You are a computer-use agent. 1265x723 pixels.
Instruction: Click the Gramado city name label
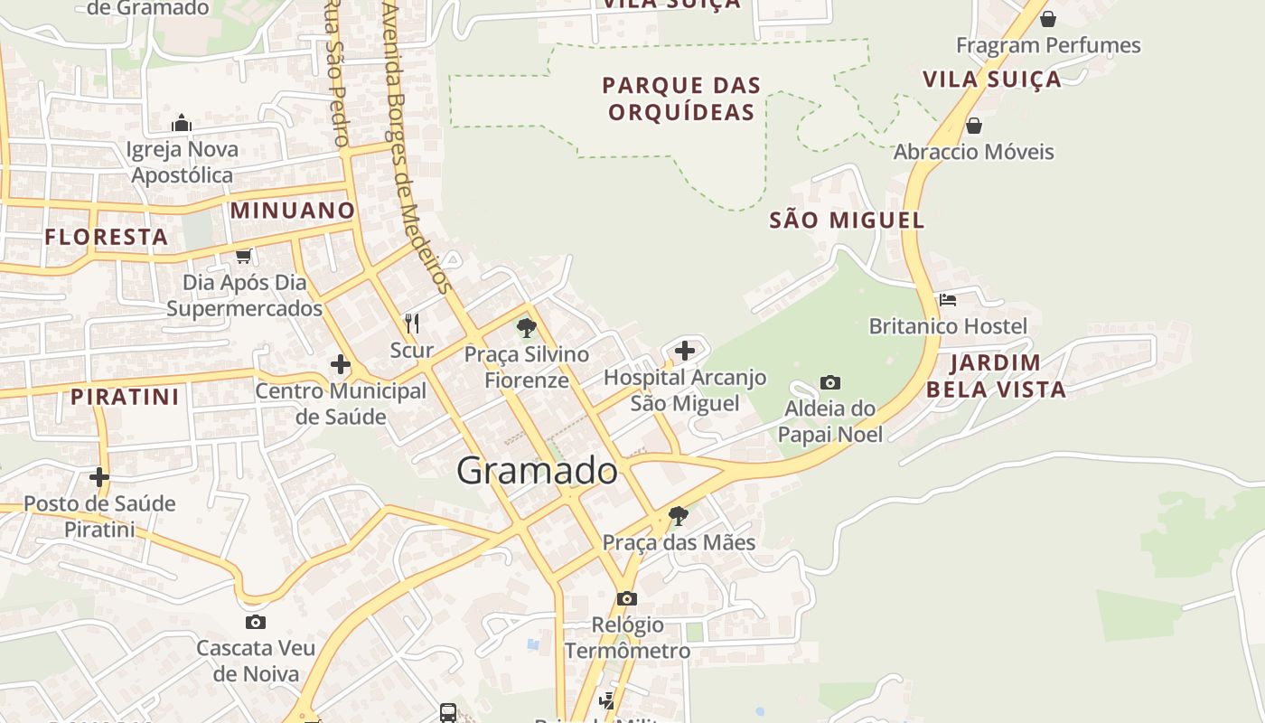[x=537, y=471]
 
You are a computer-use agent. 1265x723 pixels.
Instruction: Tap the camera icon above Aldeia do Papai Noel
[x=830, y=382]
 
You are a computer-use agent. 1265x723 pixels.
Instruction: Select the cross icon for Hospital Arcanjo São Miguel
[x=685, y=351]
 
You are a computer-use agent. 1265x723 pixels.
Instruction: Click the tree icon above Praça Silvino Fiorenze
[x=527, y=328]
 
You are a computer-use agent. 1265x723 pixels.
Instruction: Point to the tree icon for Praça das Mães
[x=678, y=516]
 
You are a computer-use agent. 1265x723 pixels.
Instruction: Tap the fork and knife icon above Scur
[x=412, y=323]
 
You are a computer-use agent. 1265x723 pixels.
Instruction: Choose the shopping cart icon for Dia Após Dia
[x=243, y=257]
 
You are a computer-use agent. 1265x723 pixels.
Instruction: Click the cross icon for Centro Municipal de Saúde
[x=340, y=364]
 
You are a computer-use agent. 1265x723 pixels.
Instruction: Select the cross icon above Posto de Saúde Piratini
[x=99, y=477]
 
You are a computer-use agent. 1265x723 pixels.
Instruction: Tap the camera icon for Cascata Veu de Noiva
[x=256, y=622]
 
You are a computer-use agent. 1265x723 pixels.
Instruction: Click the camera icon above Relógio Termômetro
[x=626, y=598]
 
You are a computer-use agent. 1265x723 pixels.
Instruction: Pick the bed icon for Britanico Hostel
[x=948, y=299]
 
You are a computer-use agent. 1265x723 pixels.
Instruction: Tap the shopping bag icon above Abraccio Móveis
[x=974, y=125]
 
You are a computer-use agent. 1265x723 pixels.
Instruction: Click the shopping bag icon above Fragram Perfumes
[x=1048, y=18]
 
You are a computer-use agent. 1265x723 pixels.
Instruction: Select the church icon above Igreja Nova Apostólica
[x=182, y=123]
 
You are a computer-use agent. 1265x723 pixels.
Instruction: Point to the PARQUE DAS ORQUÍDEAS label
[x=681, y=99]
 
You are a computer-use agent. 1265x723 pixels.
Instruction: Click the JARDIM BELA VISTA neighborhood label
[x=996, y=376]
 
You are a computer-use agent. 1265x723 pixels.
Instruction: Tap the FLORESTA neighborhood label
[x=107, y=237]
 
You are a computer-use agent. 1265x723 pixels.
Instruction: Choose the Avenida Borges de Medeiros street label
[x=417, y=145]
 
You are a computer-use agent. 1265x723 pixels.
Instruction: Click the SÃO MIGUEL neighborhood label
[x=847, y=220]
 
